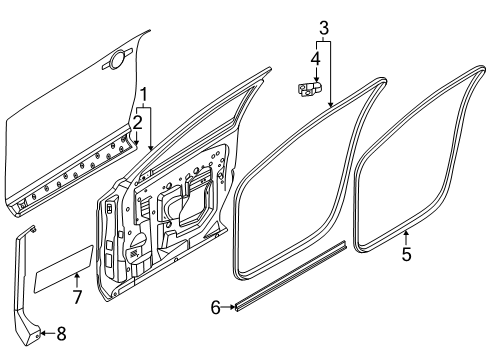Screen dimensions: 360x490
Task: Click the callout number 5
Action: [407, 253]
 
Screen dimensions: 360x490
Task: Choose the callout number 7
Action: [75, 297]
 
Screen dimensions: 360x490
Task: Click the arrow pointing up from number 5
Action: [407, 234]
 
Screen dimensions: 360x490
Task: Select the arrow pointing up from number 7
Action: [75, 280]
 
